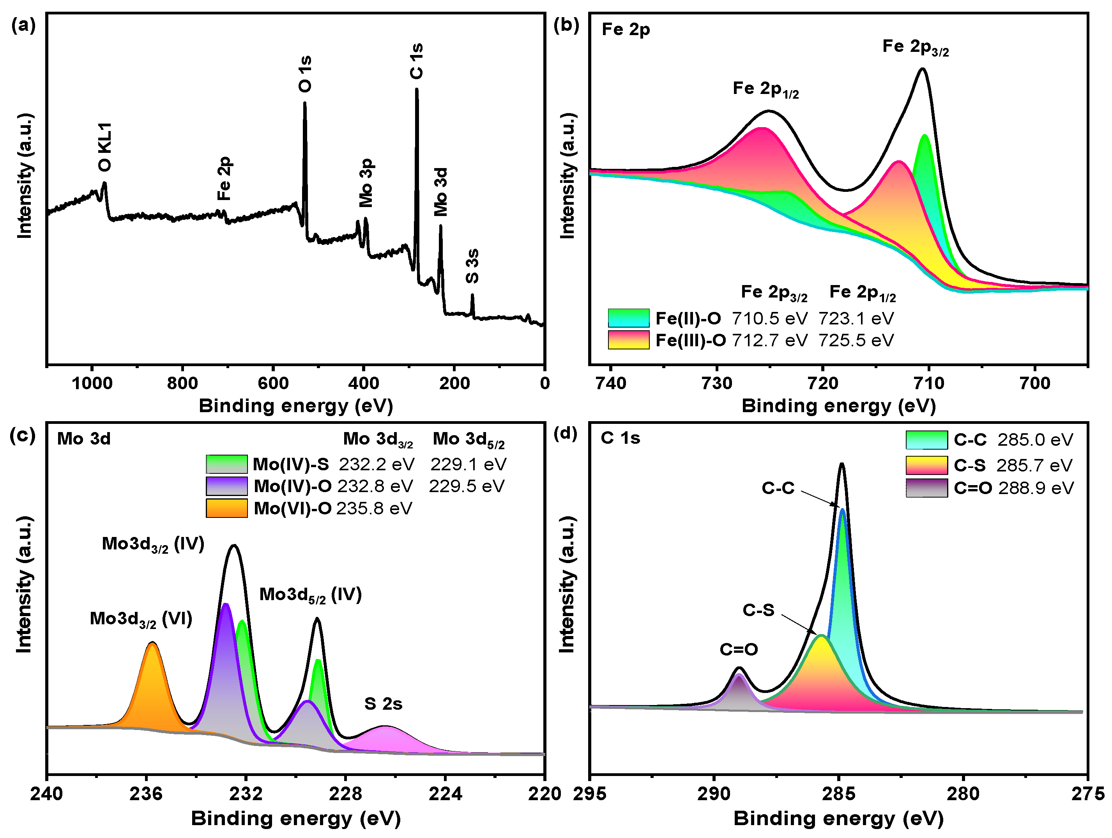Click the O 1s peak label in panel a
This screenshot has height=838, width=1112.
click(x=305, y=74)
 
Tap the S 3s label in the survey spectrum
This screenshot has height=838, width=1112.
click(x=472, y=266)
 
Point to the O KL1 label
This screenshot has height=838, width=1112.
click(x=104, y=147)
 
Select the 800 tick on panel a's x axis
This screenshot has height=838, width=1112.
click(x=182, y=383)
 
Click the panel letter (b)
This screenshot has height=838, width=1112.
click(x=566, y=25)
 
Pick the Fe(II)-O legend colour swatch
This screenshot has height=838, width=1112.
click(x=628, y=318)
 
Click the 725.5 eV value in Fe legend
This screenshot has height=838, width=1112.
click(x=856, y=340)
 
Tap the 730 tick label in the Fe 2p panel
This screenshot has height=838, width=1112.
click(x=717, y=383)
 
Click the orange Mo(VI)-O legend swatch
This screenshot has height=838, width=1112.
click(x=227, y=508)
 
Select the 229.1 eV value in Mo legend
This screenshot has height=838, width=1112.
click(x=468, y=464)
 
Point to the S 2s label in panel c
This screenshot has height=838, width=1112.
click(x=383, y=704)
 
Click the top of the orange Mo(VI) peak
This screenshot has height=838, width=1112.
click(x=152, y=643)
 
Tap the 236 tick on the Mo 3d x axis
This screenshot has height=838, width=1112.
click(x=146, y=794)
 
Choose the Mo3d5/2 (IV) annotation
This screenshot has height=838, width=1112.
click(x=310, y=595)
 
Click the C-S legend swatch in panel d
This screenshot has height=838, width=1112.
click(x=926, y=465)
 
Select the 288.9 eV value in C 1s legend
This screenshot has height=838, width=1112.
click(x=1036, y=488)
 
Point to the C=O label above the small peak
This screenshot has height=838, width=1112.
click(x=739, y=649)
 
